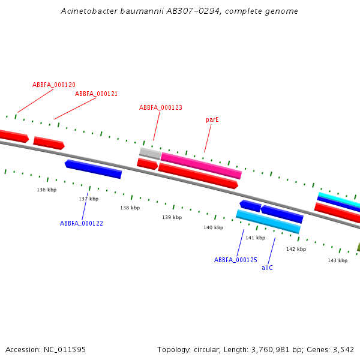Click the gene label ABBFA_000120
(x=54, y=85)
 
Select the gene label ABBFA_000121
(x=96, y=94)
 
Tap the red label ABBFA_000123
(x=161, y=108)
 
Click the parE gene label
(x=212, y=120)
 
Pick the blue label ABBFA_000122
(x=82, y=223)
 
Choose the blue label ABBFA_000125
(x=236, y=260)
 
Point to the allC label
(x=268, y=268)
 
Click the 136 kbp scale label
(x=47, y=190)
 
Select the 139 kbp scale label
(x=172, y=218)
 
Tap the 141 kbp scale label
(x=255, y=238)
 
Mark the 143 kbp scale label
(x=337, y=261)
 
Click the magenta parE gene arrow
(x=201, y=166)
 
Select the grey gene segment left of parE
(x=150, y=153)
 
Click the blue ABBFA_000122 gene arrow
(x=94, y=169)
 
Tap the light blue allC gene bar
(x=268, y=221)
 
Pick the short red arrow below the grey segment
(x=147, y=163)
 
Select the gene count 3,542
(x=344, y=350)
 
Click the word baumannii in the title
(x=130, y=11)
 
